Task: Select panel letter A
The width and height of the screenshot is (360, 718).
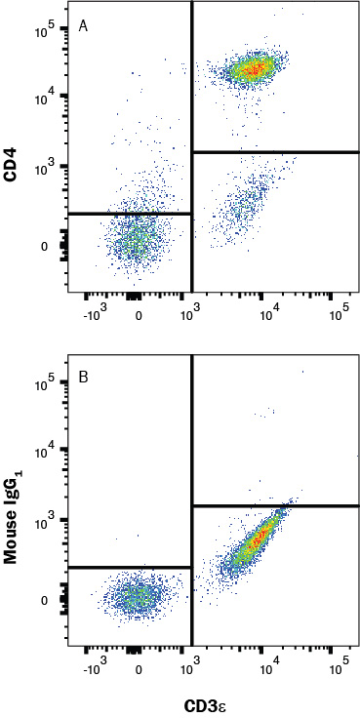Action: (x=84, y=25)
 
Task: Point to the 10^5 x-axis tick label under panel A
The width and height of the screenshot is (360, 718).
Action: (x=339, y=313)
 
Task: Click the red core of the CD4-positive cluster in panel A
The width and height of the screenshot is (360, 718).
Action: (x=252, y=67)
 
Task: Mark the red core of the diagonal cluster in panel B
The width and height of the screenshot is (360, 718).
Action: (x=259, y=538)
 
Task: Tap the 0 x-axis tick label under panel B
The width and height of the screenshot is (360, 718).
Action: (x=139, y=671)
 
